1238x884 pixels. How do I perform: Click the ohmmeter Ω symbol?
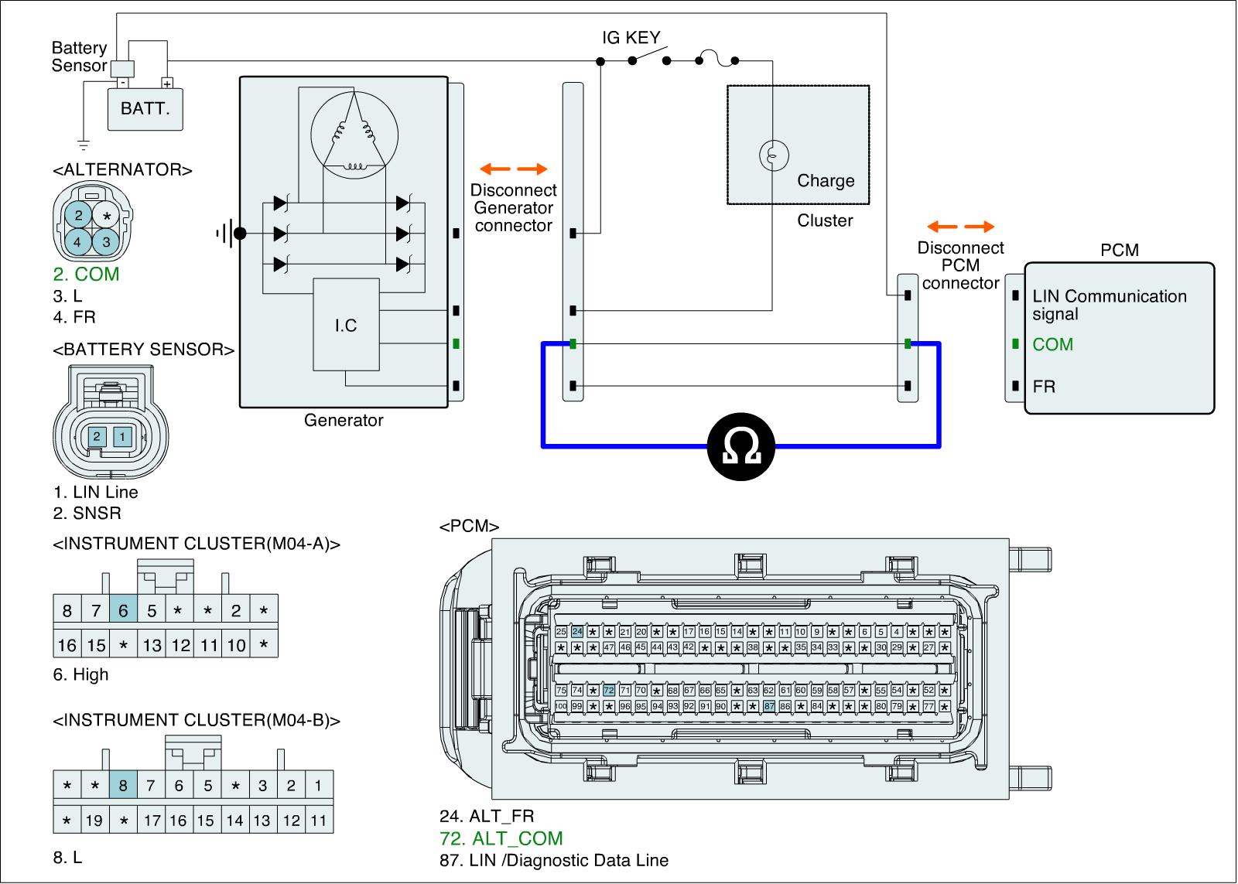click(x=741, y=446)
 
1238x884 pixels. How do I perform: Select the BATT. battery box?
click(x=145, y=108)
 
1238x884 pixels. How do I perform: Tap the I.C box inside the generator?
click(x=346, y=325)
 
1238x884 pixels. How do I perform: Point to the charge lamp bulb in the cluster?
click(x=773, y=154)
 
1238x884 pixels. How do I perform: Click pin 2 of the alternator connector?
click(x=79, y=216)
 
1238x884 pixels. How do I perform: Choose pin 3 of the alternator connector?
click(x=107, y=241)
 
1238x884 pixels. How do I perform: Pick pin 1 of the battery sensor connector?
click(x=122, y=437)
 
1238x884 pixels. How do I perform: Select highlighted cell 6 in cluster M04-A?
click(x=123, y=611)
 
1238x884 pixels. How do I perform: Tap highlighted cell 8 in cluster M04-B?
click(x=123, y=786)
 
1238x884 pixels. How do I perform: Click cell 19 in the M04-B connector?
click(x=94, y=820)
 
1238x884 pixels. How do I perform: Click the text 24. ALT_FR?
click(x=486, y=816)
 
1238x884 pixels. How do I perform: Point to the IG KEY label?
click(x=631, y=37)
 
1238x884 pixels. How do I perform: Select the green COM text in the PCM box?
click(x=1052, y=344)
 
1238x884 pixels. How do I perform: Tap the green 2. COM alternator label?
click(x=86, y=274)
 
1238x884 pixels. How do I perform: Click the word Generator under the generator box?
click(x=344, y=421)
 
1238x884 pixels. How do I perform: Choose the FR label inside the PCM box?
click(x=1044, y=386)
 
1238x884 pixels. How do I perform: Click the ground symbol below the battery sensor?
click(x=84, y=144)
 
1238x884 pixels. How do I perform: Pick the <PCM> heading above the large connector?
click(x=469, y=527)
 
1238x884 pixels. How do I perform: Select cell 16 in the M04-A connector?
click(x=67, y=644)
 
